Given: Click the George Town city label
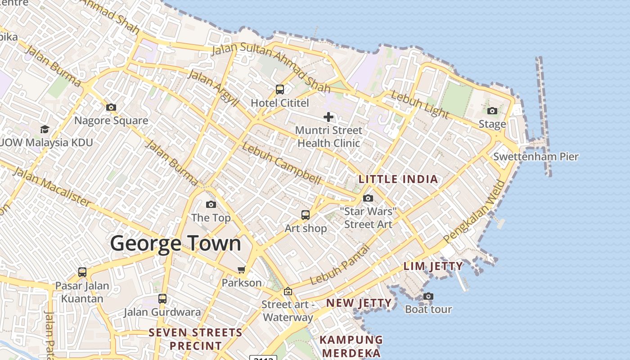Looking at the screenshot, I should pyautogui.click(x=175, y=243).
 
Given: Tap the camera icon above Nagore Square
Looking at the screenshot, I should pyautogui.click(x=111, y=107).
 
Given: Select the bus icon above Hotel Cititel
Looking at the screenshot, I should pyautogui.click(x=280, y=90).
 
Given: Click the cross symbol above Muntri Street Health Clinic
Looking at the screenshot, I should pyautogui.click(x=328, y=117).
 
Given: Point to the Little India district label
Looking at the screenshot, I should pyautogui.click(x=398, y=179).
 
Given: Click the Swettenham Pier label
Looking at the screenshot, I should pyautogui.click(x=535, y=157).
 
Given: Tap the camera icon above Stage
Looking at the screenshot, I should pyautogui.click(x=492, y=111).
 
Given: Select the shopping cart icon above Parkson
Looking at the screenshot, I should pyautogui.click(x=242, y=270).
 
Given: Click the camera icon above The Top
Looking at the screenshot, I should pyautogui.click(x=211, y=205).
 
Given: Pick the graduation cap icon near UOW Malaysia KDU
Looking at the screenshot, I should pyautogui.click(x=45, y=130).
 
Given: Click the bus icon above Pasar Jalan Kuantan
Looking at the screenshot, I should pyautogui.click(x=82, y=272).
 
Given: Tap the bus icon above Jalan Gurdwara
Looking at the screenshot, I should pyautogui.click(x=162, y=298).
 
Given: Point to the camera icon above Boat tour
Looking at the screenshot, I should pyautogui.click(x=428, y=296).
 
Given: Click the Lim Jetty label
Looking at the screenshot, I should pyautogui.click(x=433, y=266).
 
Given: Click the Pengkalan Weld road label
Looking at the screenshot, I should pyautogui.click(x=474, y=212).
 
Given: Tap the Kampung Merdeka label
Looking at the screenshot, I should pyautogui.click(x=351, y=346).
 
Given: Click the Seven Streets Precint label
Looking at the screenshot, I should pyautogui.click(x=195, y=339).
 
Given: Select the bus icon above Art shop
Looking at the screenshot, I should pyautogui.click(x=306, y=215).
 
